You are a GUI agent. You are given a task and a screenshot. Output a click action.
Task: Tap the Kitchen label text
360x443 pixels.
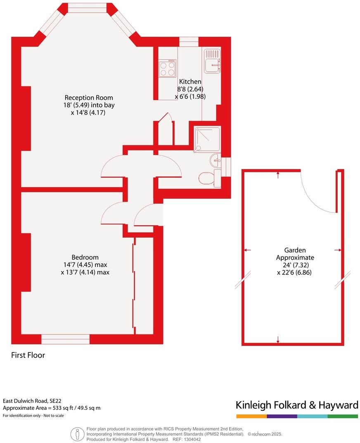(x=190, y=82)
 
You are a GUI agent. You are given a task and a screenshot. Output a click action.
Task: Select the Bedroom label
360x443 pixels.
(x=85, y=257)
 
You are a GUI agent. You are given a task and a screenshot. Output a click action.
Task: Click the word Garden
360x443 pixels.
(x=295, y=250)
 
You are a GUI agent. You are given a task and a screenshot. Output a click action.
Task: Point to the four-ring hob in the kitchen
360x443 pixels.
(x=167, y=69)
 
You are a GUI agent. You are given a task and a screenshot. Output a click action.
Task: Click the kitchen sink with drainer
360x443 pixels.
(x=212, y=62)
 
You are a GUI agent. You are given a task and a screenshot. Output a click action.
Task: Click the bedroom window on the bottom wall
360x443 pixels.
(x=65, y=339)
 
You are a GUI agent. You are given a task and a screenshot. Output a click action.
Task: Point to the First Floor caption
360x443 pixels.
(x=28, y=355)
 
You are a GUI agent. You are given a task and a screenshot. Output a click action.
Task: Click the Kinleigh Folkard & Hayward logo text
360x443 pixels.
(x=296, y=405)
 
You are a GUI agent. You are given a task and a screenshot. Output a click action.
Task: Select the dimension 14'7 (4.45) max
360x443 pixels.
(x=84, y=264)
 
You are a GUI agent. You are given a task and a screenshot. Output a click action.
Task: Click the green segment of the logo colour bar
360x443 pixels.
(x=343, y=416)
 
